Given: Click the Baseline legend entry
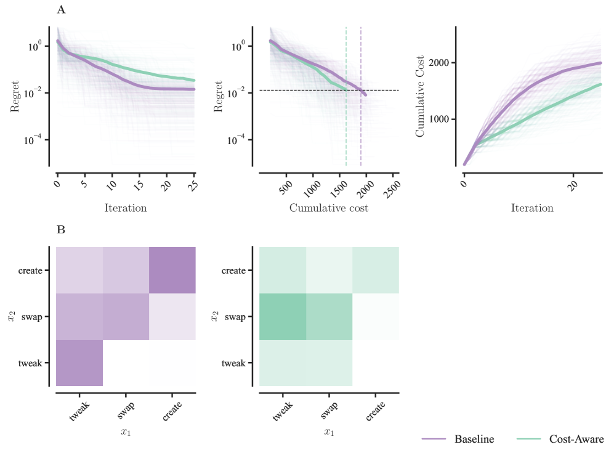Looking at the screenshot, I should point(474,439).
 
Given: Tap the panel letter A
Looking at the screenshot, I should point(60,9).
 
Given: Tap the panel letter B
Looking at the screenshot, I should point(60,230).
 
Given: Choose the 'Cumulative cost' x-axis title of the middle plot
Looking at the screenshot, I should point(328,208).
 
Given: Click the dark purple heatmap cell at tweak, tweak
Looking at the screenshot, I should point(79,363).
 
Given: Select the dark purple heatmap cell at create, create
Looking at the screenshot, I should point(172,270).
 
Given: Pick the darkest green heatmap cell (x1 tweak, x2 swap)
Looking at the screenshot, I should point(283,316).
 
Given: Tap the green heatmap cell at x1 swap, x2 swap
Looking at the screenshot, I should point(329,316).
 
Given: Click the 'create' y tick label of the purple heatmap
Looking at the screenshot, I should point(30,270).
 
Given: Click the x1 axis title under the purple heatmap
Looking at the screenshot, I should point(126,432).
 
